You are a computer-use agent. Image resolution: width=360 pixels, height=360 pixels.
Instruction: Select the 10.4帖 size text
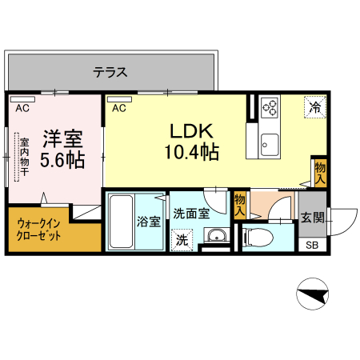click(192, 152)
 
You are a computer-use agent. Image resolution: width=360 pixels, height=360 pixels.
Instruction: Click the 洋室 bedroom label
click(61, 137)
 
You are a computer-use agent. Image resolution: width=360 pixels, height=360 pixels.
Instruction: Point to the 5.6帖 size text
click(62, 159)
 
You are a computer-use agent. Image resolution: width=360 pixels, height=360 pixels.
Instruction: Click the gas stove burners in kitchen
click(268, 107)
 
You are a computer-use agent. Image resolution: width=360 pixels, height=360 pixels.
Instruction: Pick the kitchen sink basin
click(268, 144)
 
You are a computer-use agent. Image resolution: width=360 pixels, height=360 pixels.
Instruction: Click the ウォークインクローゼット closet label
click(42, 231)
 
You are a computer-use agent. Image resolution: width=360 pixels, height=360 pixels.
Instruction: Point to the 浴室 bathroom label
click(147, 221)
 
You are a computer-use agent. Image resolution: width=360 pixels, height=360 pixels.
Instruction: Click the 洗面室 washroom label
click(193, 214)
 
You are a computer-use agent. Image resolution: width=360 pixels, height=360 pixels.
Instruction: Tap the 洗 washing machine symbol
click(182, 238)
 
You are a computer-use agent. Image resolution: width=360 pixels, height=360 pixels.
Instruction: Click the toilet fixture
click(256, 237)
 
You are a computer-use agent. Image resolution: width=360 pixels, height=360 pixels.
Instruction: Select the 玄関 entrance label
click(310, 217)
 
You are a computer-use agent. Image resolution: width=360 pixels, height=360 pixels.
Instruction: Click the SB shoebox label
click(310, 246)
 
